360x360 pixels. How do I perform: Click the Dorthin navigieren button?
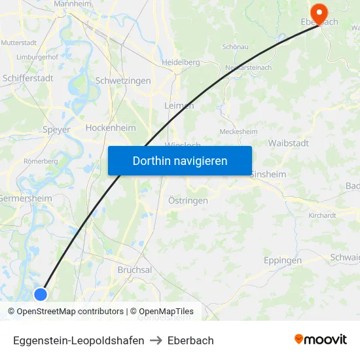coord(180,160)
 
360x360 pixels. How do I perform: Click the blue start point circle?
coord(41,294)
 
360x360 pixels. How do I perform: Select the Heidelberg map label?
coord(180,62)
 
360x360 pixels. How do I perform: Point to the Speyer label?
coord(56,130)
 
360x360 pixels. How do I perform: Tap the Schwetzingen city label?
coord(123,81)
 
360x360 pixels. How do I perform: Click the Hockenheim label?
coord(111,128)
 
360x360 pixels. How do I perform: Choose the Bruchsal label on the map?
coord(135,270)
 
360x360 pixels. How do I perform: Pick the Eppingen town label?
coord(283,260)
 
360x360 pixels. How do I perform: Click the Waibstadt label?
coord(289,143)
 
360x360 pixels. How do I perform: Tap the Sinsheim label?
coord(268,175)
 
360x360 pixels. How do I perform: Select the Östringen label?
coord(188,200)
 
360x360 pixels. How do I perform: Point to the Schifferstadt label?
coord(28,77)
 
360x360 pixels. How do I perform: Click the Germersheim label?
coord(26,198)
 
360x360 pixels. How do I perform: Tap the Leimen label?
coord(179,105)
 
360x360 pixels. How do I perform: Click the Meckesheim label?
coord(238,132)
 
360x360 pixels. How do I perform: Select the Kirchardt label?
coord(322,215)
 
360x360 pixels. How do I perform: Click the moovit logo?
coord(321,339)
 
